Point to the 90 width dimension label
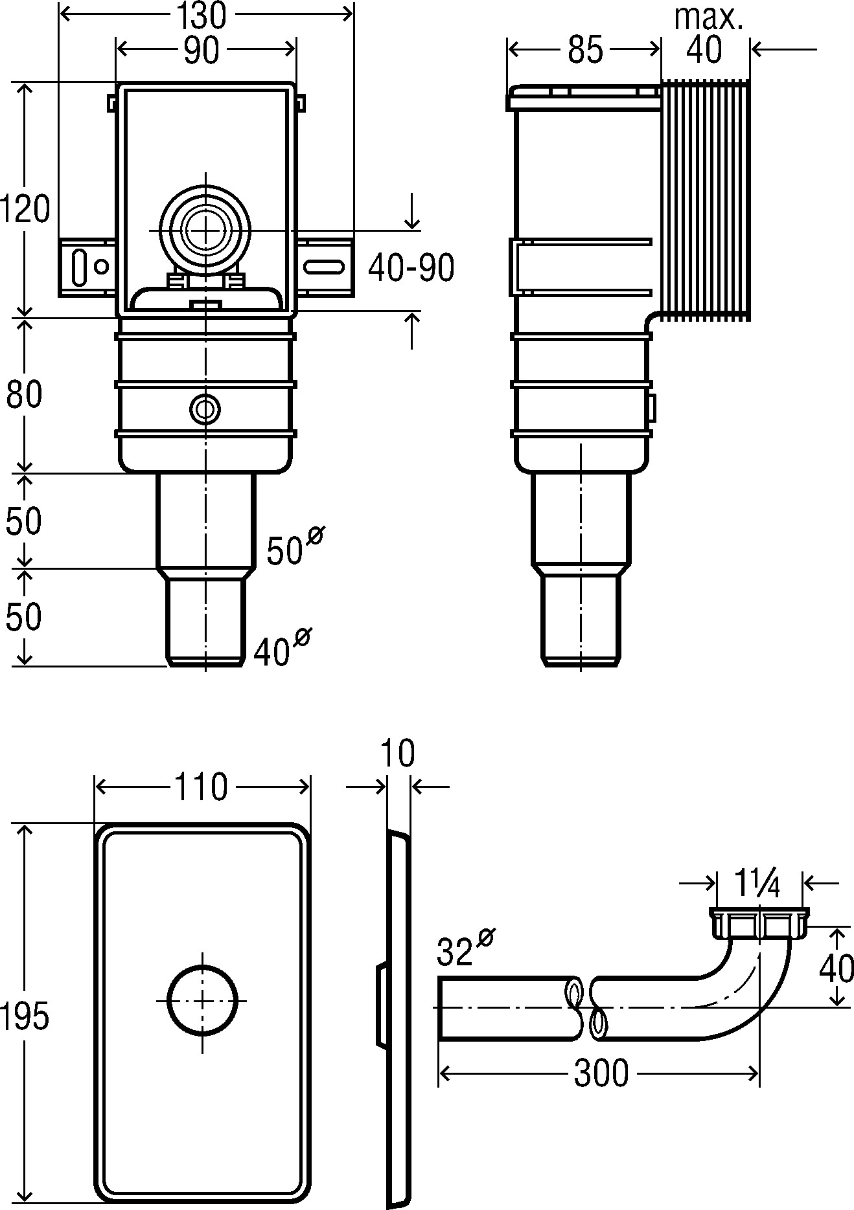pyautogui.click(x=201, y=50)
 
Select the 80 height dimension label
pyautogui.click(x=24, y=394)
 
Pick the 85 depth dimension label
pyautogui.click(x=585, y=50)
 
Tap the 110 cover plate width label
pyautogui.click(x=201, y=787)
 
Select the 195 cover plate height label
pyautogui.click(x=25, y=1017)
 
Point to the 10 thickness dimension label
pyautogui.click(x=398, y=754)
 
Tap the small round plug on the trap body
pyautogui.click(x=205, y=409)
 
